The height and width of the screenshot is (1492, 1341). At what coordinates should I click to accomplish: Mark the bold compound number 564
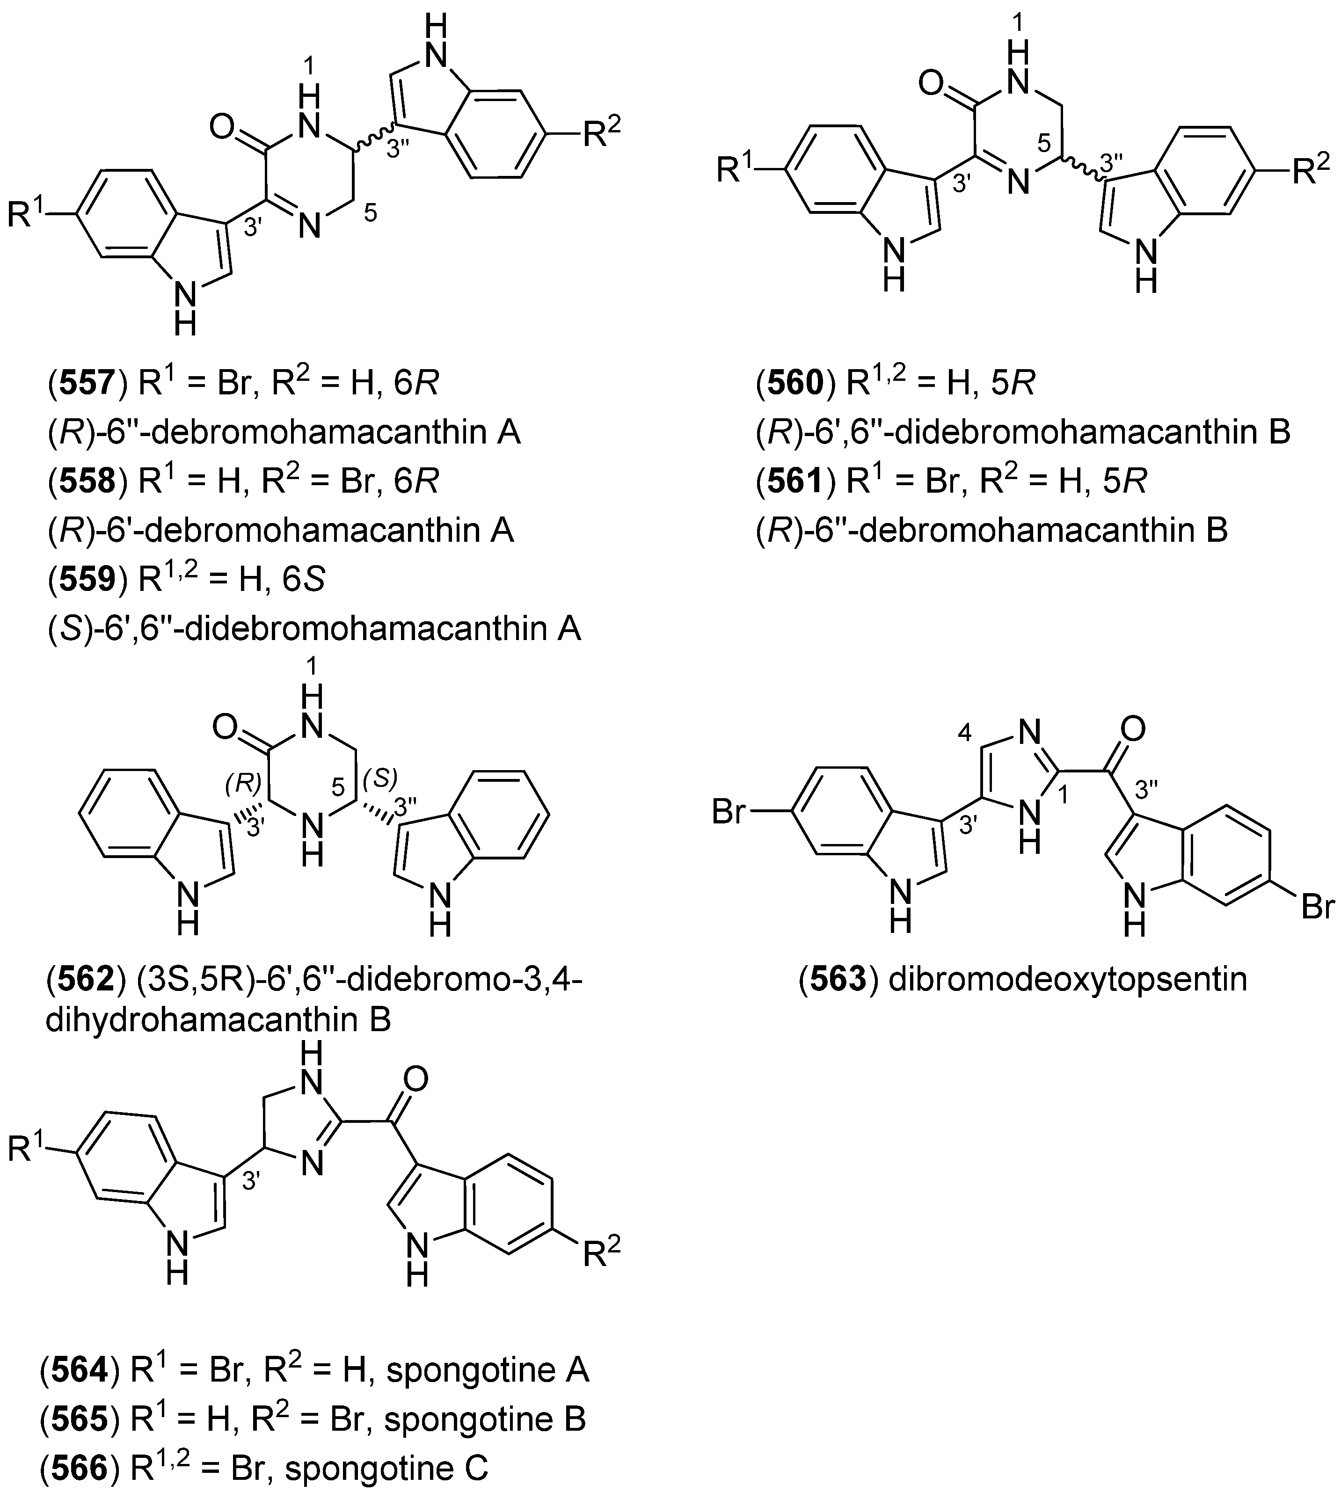coord(80,1370)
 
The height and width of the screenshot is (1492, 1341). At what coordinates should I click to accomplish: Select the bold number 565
coord(80,1419)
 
